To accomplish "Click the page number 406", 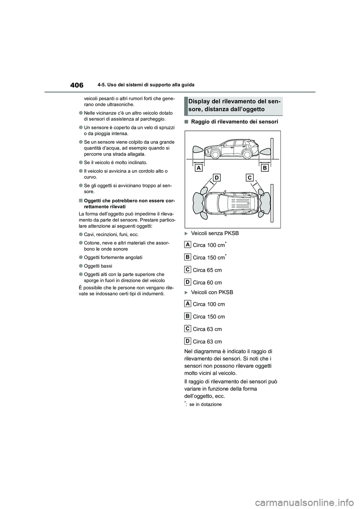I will point(76,85).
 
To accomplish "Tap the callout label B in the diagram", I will point(265,168).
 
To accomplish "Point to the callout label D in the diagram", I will point(216,178).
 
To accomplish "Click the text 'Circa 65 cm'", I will point(207,270).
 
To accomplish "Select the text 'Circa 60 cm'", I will point(207,283).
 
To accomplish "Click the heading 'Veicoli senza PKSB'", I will point(214,233).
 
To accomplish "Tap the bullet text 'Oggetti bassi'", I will point(98,266).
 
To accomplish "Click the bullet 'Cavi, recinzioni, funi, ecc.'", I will point(111,234).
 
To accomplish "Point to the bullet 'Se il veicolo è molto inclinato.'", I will point(115,162).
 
